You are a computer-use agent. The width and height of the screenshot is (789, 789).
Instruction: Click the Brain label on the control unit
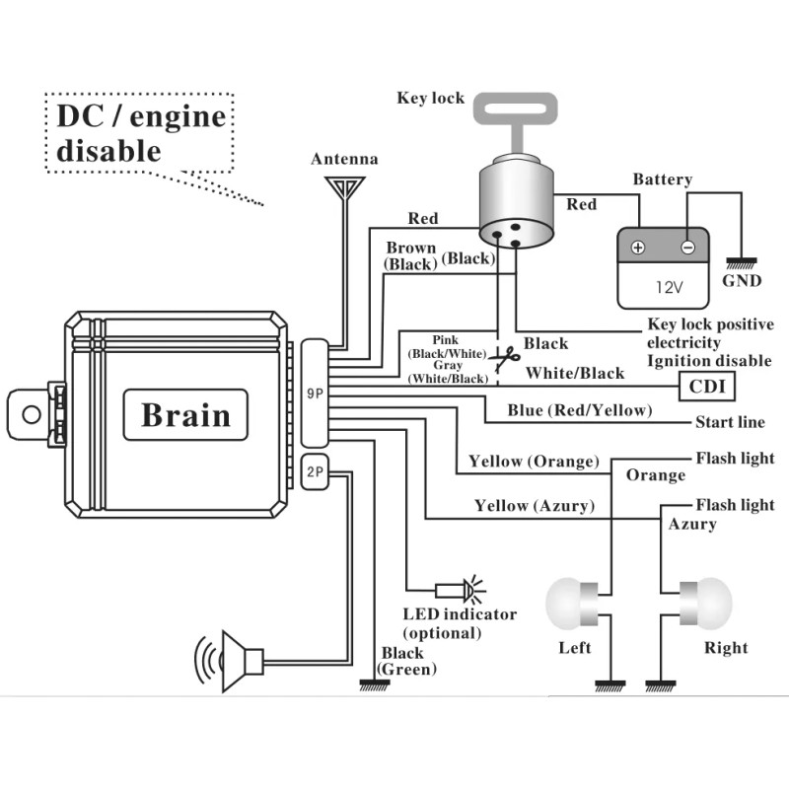point(185,414)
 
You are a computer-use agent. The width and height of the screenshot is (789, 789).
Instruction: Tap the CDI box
point(706,386)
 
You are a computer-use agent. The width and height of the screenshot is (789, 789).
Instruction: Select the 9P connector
point(315,393)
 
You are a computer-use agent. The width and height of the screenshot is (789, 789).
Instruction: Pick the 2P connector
point(315,472)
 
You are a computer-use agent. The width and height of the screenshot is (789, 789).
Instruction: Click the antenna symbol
point(346,187)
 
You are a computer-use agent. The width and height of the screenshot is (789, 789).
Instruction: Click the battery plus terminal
point(637,248)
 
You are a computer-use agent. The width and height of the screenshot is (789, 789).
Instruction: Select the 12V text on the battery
point(669,288)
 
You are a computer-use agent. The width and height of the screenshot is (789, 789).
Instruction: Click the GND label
point(742,280)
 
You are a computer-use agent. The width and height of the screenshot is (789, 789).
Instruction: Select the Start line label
point(730,422)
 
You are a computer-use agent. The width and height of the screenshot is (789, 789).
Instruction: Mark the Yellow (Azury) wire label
point(534,506)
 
